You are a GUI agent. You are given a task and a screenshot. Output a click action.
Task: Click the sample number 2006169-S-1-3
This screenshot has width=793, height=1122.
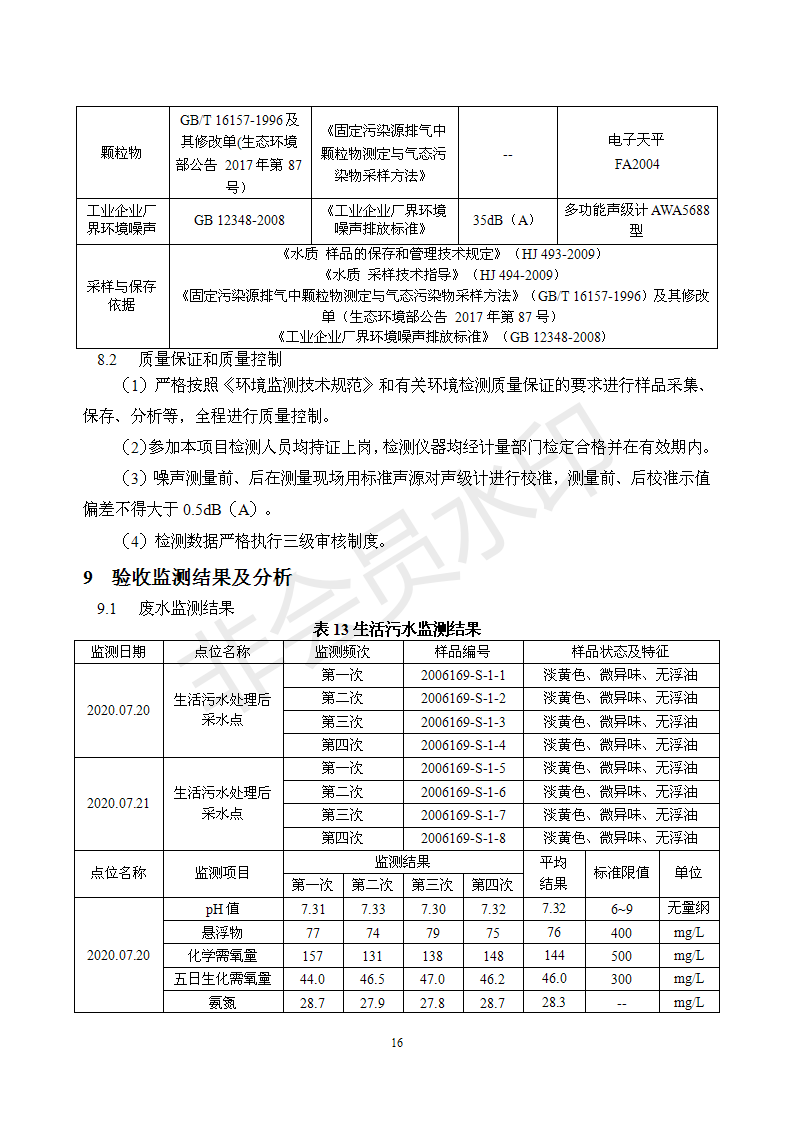click(463, 722)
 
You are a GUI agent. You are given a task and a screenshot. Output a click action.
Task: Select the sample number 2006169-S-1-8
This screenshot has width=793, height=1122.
click(463, 838)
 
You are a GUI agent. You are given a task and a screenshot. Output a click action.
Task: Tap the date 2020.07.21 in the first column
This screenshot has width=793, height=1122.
click(118, 803)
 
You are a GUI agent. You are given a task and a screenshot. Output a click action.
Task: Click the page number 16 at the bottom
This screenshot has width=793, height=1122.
click(397, 1043)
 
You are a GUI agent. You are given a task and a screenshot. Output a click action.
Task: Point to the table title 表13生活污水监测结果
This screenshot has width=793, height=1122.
click(397, 629)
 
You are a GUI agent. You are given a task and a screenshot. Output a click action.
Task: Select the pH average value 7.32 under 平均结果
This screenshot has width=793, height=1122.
click(553, 909)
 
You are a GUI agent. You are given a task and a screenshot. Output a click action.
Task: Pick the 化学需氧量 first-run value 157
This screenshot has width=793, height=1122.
click(313, 956)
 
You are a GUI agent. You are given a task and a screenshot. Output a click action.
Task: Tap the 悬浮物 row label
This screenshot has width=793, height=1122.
click(222, 933)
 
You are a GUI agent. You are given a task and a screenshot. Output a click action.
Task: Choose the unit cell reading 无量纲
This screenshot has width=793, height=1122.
click(688, 909)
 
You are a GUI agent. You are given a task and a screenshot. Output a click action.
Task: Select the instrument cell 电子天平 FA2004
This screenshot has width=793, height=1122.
click(636, 152)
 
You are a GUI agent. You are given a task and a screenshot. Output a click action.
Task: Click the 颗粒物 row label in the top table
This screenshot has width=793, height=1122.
click(121, 153)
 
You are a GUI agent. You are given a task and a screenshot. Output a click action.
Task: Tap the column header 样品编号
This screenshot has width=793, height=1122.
click(463, 652)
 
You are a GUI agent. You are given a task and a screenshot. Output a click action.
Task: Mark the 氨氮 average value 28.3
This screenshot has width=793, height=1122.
click(553, 1002)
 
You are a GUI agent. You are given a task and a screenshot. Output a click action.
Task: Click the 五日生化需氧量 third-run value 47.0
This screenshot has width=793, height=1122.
click(432, 979)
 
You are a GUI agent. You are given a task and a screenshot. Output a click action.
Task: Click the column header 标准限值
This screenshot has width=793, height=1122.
click(621, 872)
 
